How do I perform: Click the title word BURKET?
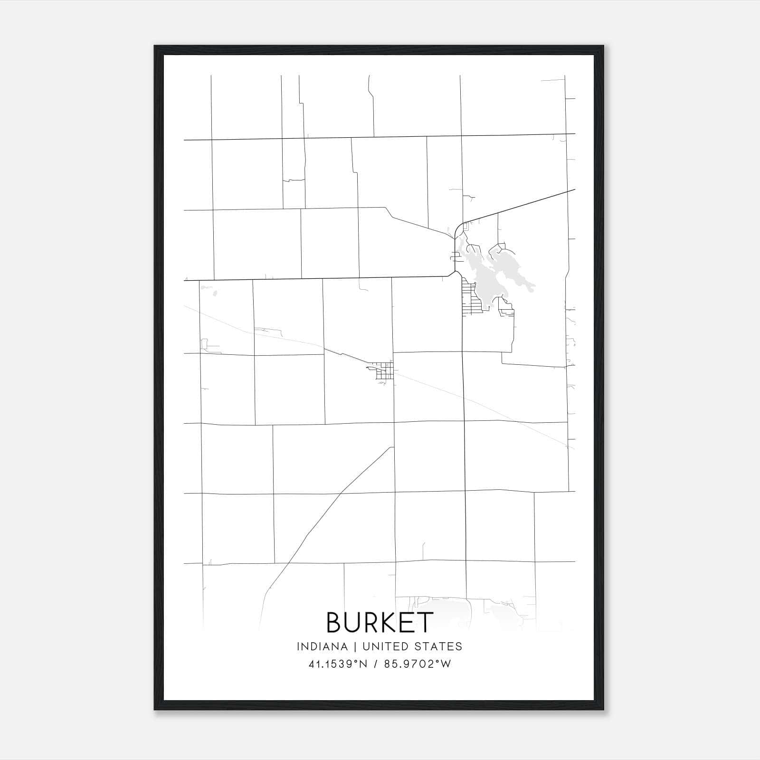click(380, 622)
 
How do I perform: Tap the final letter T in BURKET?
click(425, 622)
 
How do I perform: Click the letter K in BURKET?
click(389, 622)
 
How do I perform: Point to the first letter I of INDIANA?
click(298, 646)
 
